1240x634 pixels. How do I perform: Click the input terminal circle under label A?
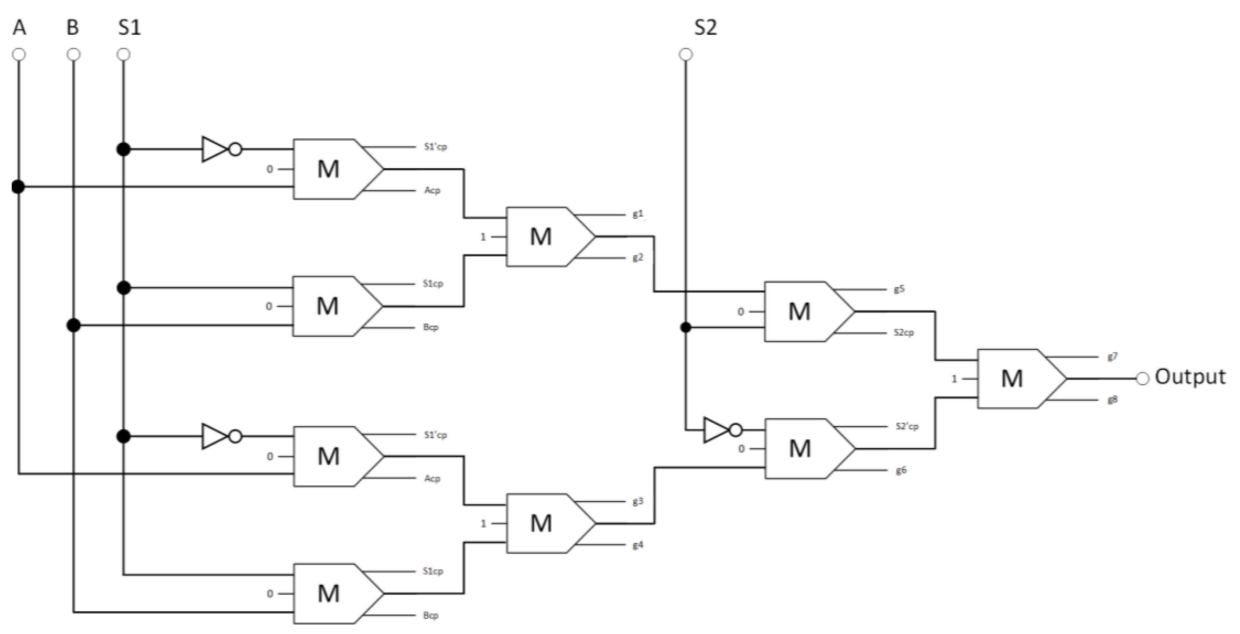tap(19, 54)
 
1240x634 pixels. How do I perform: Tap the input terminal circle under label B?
tap(73, 54)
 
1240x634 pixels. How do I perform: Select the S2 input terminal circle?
tap(686, 54)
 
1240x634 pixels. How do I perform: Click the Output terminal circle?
tap(1143, 379)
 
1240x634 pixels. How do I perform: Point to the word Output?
tap(1190, 376)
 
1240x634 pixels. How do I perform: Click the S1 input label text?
tap(129, 28)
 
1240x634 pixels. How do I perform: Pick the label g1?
tap(637, 214)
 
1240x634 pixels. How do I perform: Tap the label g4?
tap(637, 545)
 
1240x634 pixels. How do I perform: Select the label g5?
tap(899, 289)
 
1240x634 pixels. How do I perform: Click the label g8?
tap(1112, 400)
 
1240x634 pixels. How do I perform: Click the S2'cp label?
tap(907, 426)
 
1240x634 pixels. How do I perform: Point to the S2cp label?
tap(903, 333)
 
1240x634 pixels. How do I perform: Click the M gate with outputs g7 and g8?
tap(1016, 379)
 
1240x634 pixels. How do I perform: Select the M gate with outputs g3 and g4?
tap(544, 523)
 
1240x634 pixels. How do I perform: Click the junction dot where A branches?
tap(18, 186)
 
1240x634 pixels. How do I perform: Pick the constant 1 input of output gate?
tap(954, 379)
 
